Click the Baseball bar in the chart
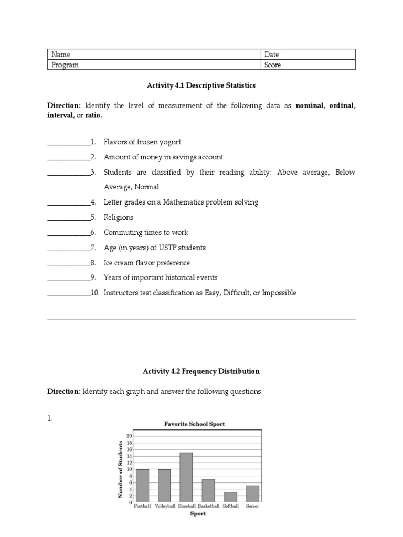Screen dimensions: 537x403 [x=186, y=477]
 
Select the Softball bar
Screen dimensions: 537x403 [x=230, y=497]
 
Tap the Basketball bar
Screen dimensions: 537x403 [x=208, y=490]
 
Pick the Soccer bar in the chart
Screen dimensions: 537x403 [x=252, y=493]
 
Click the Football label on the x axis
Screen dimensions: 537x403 [x=142, y=506]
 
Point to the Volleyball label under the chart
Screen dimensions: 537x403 [x=164, y=506]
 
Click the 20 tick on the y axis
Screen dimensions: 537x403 [x=129, y=435]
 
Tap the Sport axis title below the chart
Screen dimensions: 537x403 [x=197, y=514]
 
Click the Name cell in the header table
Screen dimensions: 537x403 [x=60, y=55]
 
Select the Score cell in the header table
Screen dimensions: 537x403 [x=273, y=65]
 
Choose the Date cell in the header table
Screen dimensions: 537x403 [x=272, y=55]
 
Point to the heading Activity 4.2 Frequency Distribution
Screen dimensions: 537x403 [x=201, y=371]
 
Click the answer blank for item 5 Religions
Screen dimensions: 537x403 [x=68, y=218]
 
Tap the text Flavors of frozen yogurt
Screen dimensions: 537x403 [x=142, y=142]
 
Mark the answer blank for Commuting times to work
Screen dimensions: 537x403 [x=68, y=233]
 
